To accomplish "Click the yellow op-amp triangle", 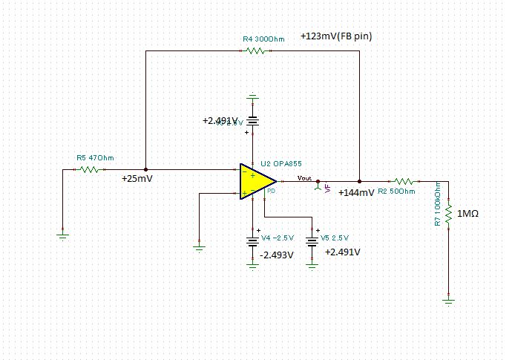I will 255,181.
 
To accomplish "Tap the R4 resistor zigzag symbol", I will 255,50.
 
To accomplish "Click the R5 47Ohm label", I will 96,157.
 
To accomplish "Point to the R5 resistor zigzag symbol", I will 89,169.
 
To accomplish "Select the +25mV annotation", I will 137,179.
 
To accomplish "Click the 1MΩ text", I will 468,214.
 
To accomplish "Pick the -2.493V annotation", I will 276,255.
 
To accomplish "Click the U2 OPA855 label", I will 280,163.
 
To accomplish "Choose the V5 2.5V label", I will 335,238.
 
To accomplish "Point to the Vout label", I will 304,177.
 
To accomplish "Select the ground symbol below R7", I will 448,299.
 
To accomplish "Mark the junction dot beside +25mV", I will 145,169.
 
